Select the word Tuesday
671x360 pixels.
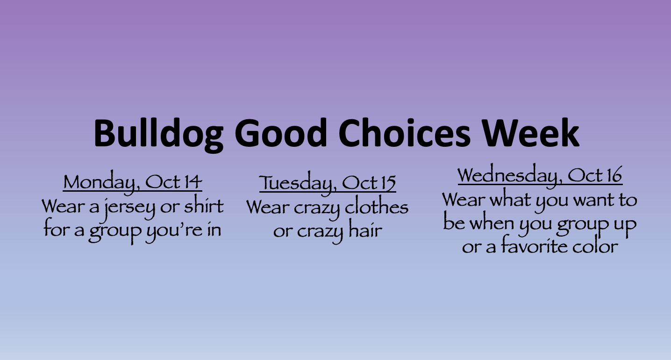click(296, 183)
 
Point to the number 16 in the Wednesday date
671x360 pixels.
click(614, 175)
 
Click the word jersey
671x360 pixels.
click(129, 208)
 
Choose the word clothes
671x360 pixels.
click(377, 206)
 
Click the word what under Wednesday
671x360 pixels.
click(510, 198)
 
